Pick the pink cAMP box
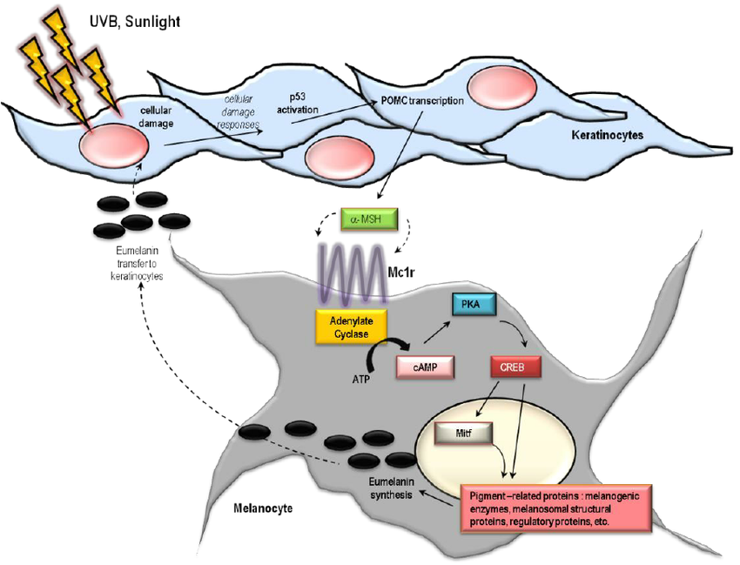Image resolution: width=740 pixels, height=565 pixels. point(427,368)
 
